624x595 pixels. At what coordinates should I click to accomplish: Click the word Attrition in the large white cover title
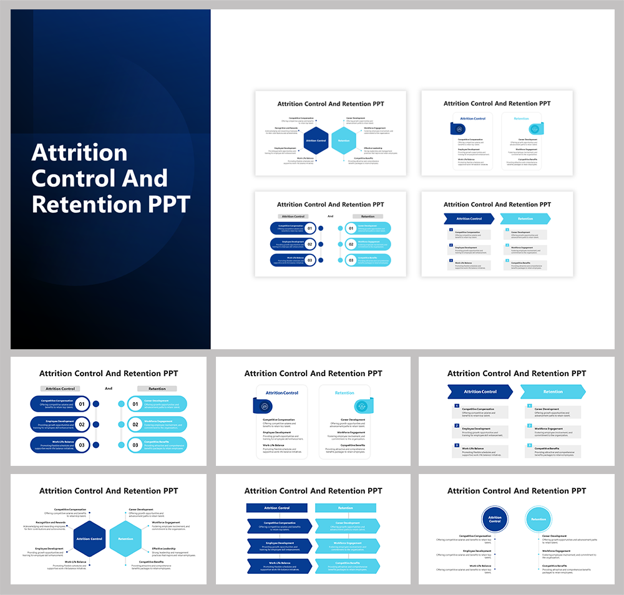click(79, 153)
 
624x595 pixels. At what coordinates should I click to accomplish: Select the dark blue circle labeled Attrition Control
click(495, 519)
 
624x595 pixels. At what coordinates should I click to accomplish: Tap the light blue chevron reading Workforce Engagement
click(347, 546)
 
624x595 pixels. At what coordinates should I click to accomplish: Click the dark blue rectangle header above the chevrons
click(276, 508)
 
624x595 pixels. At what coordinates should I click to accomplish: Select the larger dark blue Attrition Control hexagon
click(89, 538)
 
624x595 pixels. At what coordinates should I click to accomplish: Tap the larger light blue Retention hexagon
click(125, 538)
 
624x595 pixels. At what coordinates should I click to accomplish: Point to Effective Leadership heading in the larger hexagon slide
click(164, 549)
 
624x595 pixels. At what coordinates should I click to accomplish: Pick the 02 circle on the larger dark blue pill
click(82, 425)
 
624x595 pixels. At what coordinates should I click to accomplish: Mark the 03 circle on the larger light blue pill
click(135, 445)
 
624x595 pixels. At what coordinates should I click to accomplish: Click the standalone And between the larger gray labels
click(109, 389)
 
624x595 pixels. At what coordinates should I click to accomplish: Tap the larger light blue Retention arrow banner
click(552, 392)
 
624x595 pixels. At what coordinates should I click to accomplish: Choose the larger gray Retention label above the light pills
click(157, 389)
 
